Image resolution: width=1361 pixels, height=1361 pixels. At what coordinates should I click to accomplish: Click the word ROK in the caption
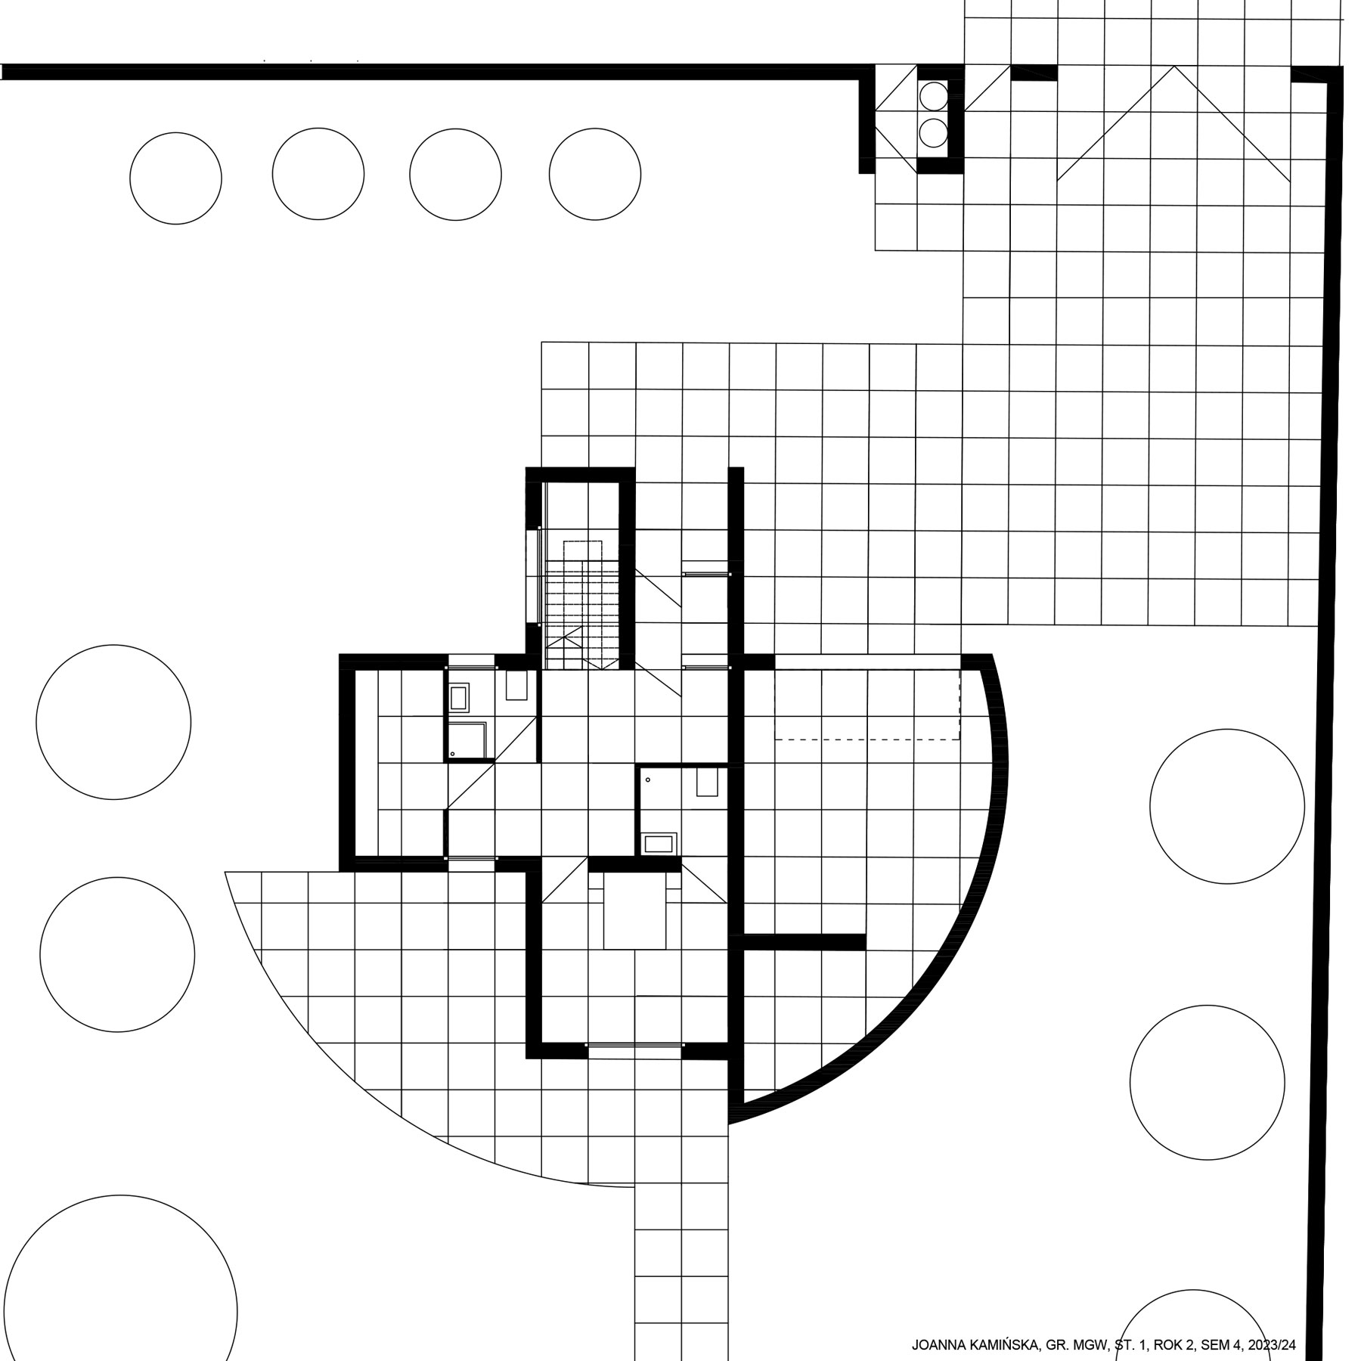click(x=1167, y=1345)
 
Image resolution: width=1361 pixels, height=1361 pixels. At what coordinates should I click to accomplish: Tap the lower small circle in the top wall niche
click(x=933, y=133)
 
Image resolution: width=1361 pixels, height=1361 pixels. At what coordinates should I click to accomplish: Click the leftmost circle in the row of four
click(x=175, y=178)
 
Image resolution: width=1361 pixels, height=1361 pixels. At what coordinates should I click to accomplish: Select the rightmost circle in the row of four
click(x=595, y=174)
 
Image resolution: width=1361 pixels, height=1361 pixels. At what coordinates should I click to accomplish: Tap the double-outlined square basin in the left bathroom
click(x=459, y=696)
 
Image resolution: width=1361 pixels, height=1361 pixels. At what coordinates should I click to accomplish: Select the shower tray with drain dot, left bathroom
click(x=469, y=740)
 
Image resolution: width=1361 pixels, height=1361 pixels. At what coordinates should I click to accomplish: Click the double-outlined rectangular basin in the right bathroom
click(x=658, y=844)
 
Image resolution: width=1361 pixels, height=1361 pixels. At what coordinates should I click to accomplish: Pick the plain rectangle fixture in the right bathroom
click(x=707, y=783)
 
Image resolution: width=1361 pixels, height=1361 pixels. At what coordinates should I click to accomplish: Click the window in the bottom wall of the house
click(x=634, y=1046)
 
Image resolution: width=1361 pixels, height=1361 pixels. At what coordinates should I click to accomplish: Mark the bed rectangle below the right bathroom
click(x=635, y=910)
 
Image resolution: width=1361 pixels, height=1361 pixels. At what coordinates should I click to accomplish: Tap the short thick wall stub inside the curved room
click(x=805, y=942)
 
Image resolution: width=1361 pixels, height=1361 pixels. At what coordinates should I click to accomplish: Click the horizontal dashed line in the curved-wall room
click(x=867, y=739)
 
